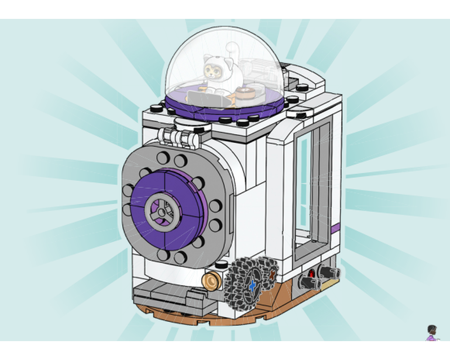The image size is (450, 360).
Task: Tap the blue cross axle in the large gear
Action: pyautogui.click(x=252, y=284)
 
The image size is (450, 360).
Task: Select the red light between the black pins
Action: pyautogui.click(x=312, y=274)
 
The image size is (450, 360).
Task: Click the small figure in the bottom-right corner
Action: pyautogui.click(x=432, y=333)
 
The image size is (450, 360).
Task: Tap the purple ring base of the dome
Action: pyautogui.click(x=225, y=110)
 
